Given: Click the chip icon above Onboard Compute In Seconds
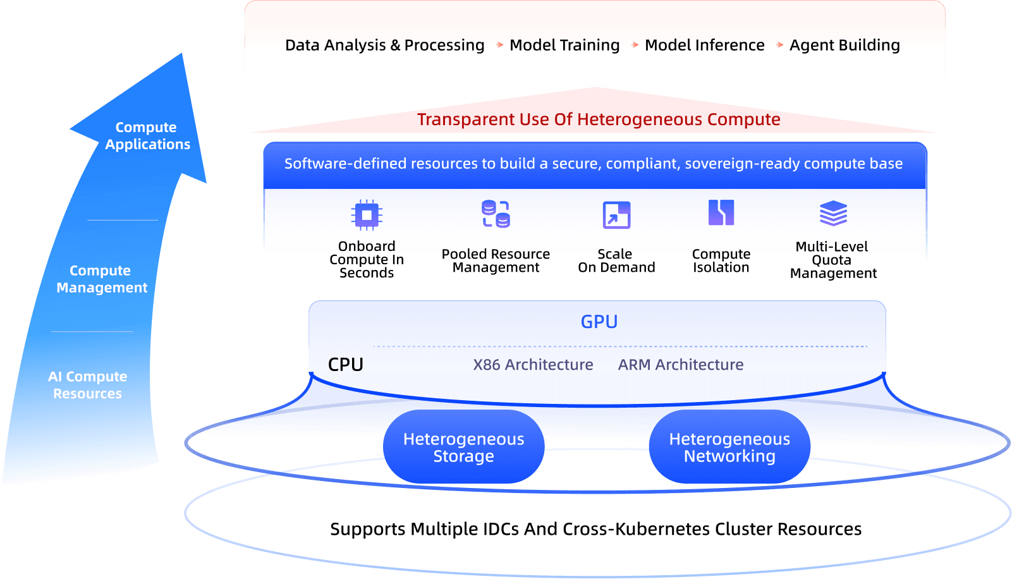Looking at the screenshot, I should (367, 215).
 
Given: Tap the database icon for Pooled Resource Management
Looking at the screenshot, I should (496, 214).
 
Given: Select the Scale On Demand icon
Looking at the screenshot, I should (616, 215).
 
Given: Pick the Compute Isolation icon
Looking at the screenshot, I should (721, 212).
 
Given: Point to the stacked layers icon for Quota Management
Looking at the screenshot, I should (833, 214).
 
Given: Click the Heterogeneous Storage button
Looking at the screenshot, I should (463, 448).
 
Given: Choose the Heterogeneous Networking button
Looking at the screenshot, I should (729, 448).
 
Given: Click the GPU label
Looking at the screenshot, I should (599, 322).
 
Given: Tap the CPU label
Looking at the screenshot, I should (346, 365).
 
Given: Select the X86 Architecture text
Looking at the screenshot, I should (533, 365).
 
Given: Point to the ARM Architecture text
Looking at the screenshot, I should (680, 365).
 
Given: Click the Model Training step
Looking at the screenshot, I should (564, 46).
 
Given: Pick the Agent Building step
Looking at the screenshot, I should (844, 46).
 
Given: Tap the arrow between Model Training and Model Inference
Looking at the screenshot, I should (635, 45).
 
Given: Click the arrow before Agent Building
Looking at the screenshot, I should (779, 45).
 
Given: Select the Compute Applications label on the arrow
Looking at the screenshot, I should (147, 136).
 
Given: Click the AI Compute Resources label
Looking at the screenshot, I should (88, 385).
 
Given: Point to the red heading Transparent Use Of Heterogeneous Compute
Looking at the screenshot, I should (598, 119).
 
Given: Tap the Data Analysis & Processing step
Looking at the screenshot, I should (384, 46).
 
